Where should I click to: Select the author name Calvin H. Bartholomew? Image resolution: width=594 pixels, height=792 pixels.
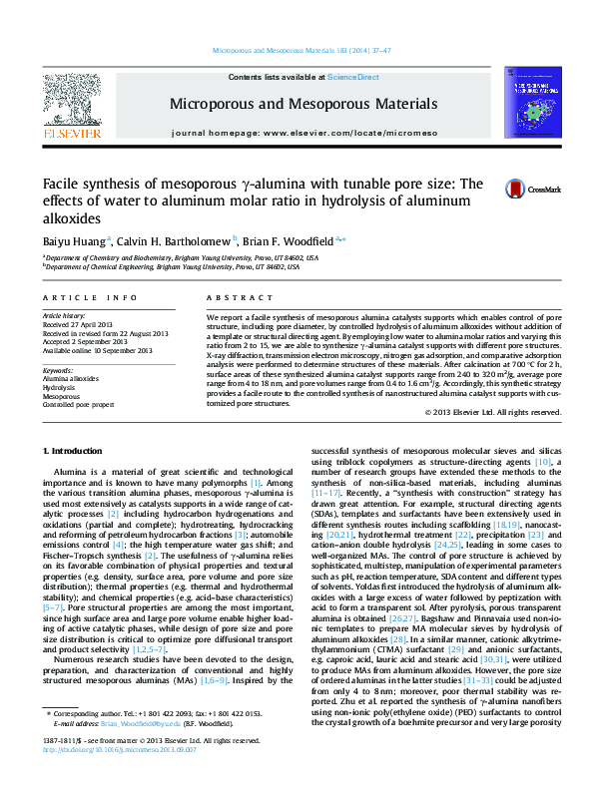point(174,241)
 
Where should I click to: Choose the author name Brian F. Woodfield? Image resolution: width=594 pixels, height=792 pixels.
point(290,241)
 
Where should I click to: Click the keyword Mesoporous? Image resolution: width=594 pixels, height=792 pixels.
point(62,397)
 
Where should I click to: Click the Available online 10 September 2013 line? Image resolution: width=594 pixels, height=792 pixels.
point(99,351)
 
